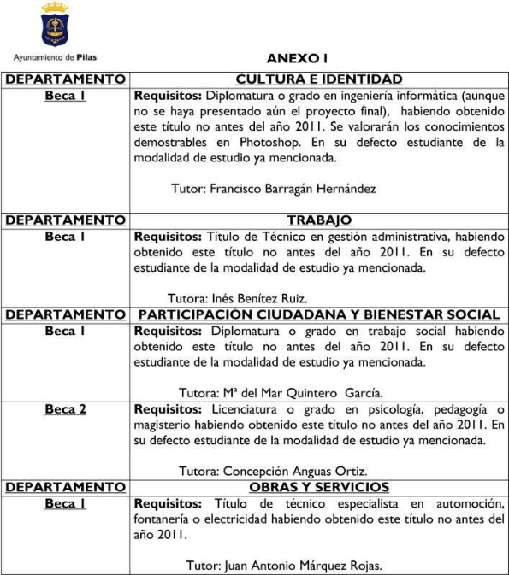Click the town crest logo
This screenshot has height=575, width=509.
56,26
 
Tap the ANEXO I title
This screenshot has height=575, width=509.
297,59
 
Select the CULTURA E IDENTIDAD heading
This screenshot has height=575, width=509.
318,79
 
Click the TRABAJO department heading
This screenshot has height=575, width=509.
318,220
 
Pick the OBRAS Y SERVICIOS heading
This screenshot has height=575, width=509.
318,487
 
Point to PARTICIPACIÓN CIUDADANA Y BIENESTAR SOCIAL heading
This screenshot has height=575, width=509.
318,315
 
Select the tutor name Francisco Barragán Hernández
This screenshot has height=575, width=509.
292,188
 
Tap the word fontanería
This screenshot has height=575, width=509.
165,519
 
